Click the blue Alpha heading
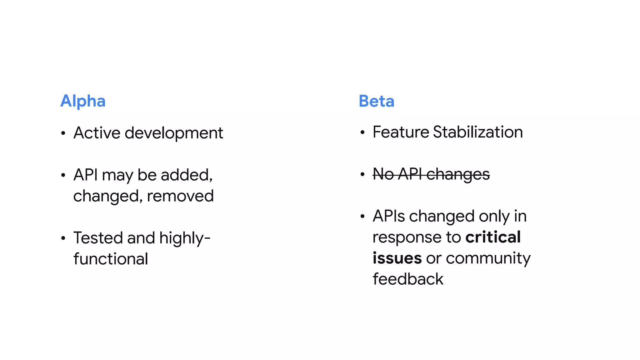[x=83, y=101]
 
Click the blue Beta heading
[x=376, y=101]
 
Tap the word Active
[x=97, y=133]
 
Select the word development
[x=174, y=133]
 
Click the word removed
[x=180, y=196]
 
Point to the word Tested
[x=98, y=238]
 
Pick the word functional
[x=111, y=259]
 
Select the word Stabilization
[x=478, y=132]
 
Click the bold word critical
[x=493, y=237]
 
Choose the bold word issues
[x=397, y=258]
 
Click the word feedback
[x=408, y=279]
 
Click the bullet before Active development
[x=63, y=133]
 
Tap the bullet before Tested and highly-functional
[x=63, y=238]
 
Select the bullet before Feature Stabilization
[x=362, y=132]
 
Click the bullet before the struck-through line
[x=362, y=174]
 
